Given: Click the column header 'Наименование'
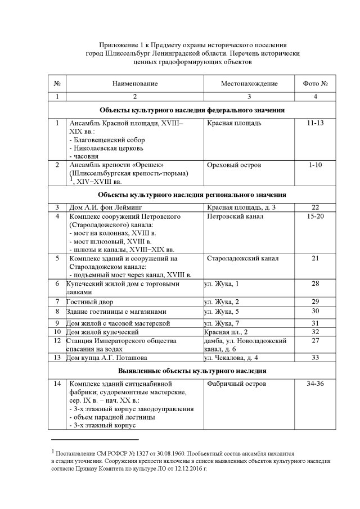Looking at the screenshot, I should click(x=134, y=84).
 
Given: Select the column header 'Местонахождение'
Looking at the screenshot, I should click(x=249, y=84).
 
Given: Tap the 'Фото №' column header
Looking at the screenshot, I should click(x=315, y=84).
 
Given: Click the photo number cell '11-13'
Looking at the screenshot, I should click(x=315, y=123).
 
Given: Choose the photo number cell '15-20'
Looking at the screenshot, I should click(x=315, y=217).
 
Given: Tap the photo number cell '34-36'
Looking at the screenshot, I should click(x=315, y=384).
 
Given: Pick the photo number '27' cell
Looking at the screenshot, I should click(x=315, y=341).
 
